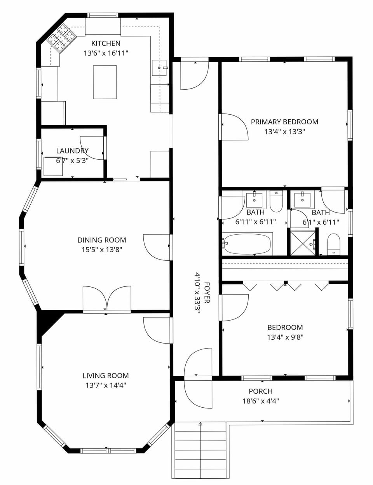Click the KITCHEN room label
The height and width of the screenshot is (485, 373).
pos(106,43)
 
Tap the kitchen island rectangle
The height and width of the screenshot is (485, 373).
pos(105,82)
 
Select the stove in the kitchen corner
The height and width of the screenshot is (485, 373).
pos(61,38)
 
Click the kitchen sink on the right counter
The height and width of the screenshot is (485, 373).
pos(160,68)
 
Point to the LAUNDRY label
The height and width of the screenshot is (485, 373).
pos(72,151)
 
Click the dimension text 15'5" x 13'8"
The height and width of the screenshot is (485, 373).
pos(102,250)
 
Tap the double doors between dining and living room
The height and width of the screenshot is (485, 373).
pos(107,298)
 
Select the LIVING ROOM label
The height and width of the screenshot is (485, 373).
pos(106,375)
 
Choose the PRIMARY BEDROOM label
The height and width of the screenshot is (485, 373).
pos(284,122)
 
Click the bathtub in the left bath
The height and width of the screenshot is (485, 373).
pos(247,244)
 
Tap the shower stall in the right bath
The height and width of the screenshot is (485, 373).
pos(303,243)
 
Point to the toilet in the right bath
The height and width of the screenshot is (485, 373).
pos(334,244)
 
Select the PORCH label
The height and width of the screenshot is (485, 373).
pos(260,391)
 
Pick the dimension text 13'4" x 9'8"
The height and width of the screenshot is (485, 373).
pos(285,337)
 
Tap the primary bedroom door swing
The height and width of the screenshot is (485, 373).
pos(235,126)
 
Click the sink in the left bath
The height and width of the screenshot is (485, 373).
pos(254,199)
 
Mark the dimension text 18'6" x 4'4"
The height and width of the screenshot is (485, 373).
pos(260,401)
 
